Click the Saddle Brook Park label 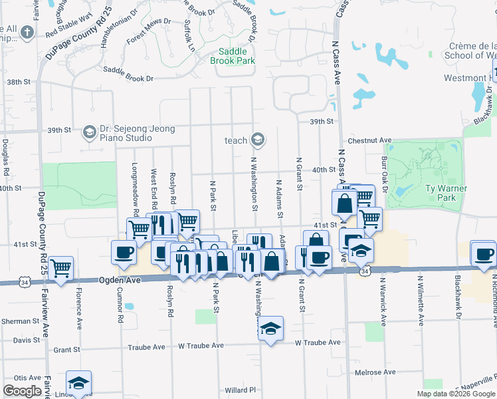pos(232,56)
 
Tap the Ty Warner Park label pos(446,193)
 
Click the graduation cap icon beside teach pos(258,140)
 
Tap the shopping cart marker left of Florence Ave pos(61,269)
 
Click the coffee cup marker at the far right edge pos(483,253)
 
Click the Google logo pos(23,390)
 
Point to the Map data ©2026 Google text pos(455,394)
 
